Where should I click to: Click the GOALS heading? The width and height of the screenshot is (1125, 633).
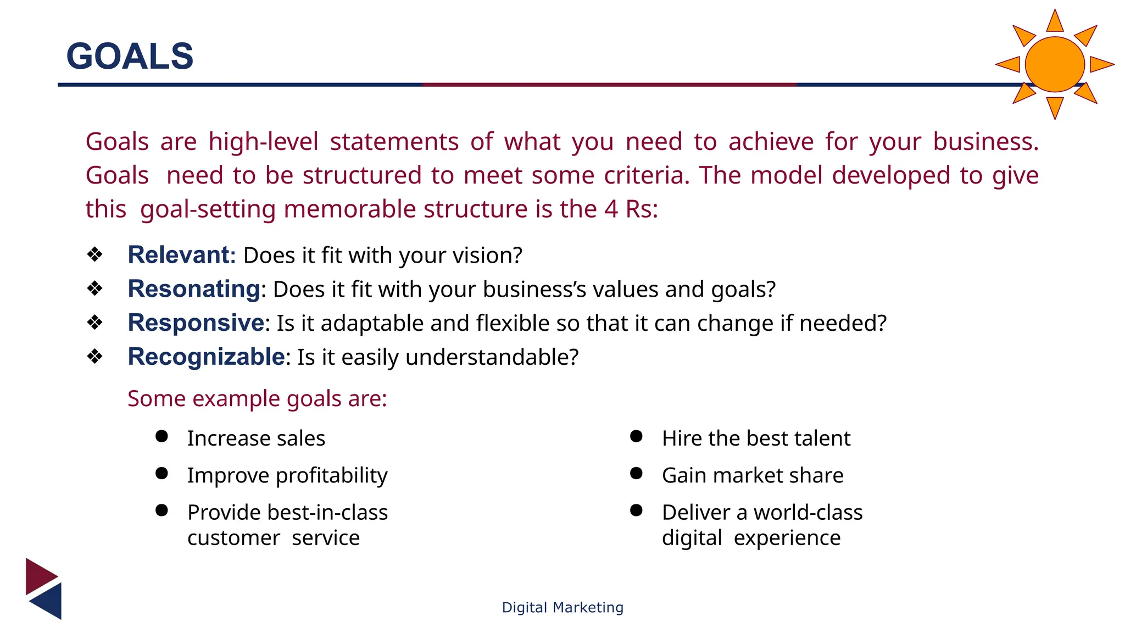[x=130, y=56]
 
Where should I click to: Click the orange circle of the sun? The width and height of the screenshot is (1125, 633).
[x=1054, y=64]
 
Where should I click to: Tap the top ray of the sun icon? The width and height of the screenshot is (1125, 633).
[x=1055, y=22]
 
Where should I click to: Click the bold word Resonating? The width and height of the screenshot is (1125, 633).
[x=193, y=289]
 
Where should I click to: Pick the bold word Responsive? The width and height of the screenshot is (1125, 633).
[x=196, y=323]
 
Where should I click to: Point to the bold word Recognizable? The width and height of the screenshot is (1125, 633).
[x=206, y=357]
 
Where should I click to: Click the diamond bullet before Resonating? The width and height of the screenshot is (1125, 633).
[x=95, y=288]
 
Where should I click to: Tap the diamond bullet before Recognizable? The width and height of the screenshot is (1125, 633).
[x=95, y=357]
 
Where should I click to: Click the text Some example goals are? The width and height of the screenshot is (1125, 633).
[x=257, y=398]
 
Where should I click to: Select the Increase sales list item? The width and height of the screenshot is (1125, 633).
[x=256, y=438]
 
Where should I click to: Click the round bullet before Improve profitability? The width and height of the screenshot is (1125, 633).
[x=161, y=474]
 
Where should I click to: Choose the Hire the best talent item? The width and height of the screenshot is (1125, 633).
[x=756, y=438]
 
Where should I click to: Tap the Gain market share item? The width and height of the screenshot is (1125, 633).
[x=752, y=475]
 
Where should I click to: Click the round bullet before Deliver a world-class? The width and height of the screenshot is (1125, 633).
[x=636, y=510]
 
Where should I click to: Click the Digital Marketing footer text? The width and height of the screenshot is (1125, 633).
[x=562, y=607]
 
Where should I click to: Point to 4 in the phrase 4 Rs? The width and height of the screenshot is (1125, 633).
[x=611, y=209]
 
